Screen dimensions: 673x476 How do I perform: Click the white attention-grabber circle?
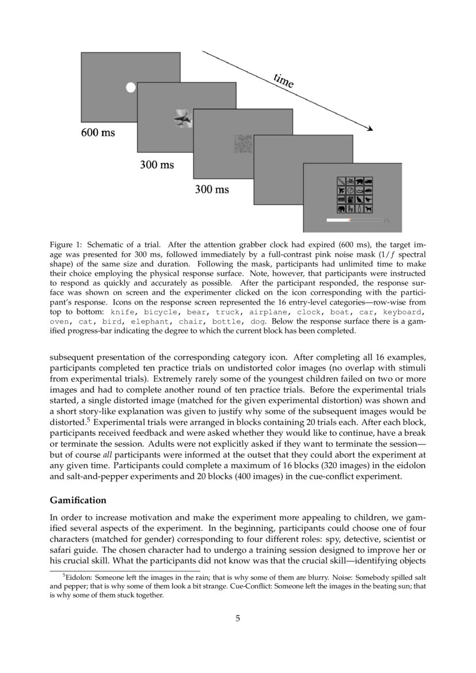click(x=131, y=88)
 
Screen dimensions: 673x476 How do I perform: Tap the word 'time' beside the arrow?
click(x=284, y=81)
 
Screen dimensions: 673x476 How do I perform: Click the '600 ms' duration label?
click(x=98, y=133)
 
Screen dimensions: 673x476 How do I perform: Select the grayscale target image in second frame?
click(x=182, y=119)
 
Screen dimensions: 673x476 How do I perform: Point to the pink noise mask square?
click(x=243, y=143)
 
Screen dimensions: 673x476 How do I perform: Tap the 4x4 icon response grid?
click(x=355, y=195)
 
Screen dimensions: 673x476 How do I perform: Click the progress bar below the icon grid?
click(x=354, y=220)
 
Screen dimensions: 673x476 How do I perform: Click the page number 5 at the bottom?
click(x=238, y=619)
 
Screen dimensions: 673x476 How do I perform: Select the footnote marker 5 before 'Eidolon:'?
click(x=64, y=575)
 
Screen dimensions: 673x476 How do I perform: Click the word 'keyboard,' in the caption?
click(x=404, y=311)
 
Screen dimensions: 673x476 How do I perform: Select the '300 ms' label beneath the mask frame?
click(x=212, y=189)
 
